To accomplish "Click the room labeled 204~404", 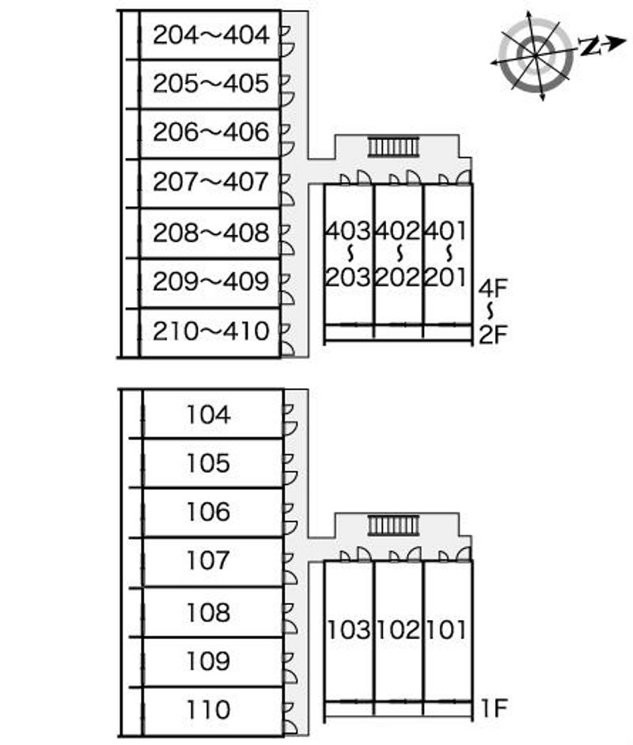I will [210, 35].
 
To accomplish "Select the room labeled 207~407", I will [210, 183].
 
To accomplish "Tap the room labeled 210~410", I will [210, 331].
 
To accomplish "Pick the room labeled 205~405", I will [210, 84].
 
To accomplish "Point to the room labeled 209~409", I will [210, 282].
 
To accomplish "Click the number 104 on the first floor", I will [208, 414].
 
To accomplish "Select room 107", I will [208, 562].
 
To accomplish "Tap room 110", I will [208, 709].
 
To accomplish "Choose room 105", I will [208, 463].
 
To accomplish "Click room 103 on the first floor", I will [349, 630].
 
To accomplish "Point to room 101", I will [447, 630].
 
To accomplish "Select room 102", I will [398, 630].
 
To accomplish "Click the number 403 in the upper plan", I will [349, 232].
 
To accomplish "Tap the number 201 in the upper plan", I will [447, 278].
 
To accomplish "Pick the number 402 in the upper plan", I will [398, 232].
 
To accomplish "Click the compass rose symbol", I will [534, 55].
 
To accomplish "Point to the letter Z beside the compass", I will [589, 47].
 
